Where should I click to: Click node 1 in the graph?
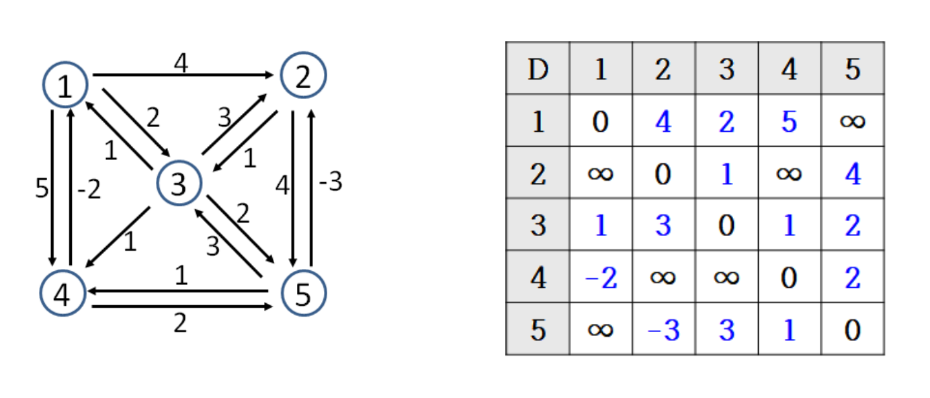(65, 85)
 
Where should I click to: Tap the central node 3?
(179, 184)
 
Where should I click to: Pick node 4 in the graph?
(62, 294)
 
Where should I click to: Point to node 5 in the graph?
(303, 294)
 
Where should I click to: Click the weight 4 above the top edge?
(180, 65)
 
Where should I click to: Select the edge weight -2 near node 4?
(89, 190)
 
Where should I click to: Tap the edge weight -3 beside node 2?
(330, 182)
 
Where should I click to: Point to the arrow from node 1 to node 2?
(181, 75)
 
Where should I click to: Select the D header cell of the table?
(538, 69)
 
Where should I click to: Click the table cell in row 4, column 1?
(600, 277)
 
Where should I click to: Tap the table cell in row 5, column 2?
(663, 329)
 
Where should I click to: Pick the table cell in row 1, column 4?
(789, 122)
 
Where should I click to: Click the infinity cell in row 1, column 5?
(852, 122)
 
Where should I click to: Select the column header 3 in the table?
(726, 69)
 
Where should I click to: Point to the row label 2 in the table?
(538, 173)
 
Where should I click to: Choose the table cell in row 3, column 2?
(663, 225)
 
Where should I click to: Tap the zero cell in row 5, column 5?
(852, 329)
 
